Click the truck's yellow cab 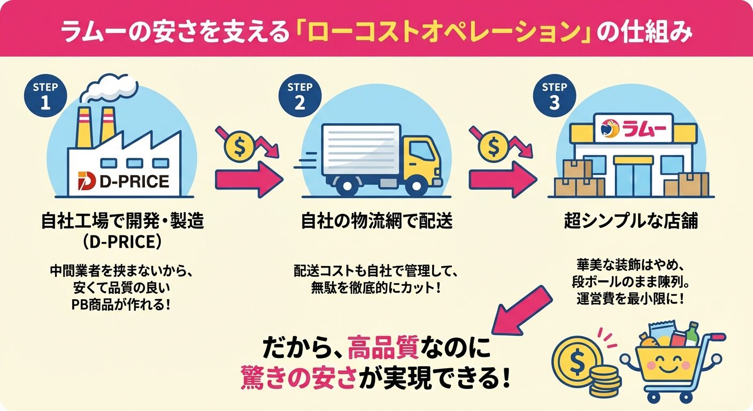coord(422,157)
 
